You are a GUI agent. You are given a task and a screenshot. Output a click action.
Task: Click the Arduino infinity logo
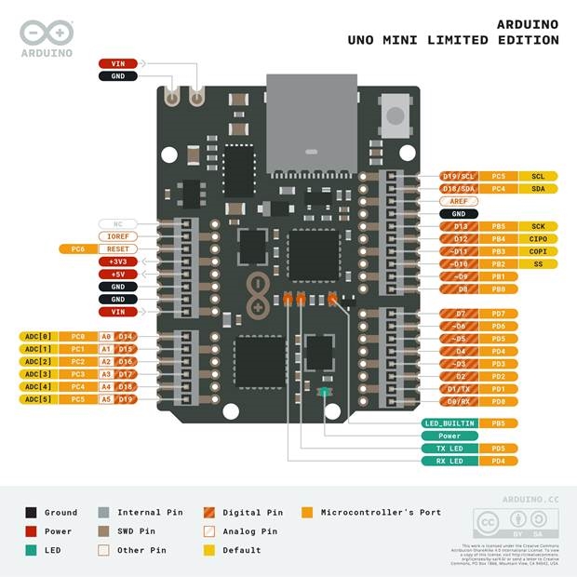[x=47, y=33]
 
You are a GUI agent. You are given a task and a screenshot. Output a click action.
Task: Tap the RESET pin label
[x=118, y=249]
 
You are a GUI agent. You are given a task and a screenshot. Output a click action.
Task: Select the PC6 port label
[x=78, y=249]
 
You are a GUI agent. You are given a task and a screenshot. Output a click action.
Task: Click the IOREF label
[x=118, y=236]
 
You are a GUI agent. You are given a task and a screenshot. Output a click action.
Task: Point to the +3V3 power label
[x=118, y=262]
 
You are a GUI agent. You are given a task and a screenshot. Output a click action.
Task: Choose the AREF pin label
[x=458, y=201]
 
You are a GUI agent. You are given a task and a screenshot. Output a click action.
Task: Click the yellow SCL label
[x=538, y=176]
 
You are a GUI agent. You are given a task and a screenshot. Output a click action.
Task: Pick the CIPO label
[x=538, y=239]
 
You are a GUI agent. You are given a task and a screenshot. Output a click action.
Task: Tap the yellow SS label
[x=538, y=264]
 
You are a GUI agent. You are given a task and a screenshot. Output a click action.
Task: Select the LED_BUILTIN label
[x=450, y=423]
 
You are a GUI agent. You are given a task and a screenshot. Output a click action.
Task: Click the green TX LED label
[x=450, y=449]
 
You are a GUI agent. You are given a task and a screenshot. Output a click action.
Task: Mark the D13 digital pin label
[x=458, y=226]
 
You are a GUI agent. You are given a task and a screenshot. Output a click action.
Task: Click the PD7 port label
[x=499, y=314]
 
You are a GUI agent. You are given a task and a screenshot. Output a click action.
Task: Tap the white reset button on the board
[x=396, y=115]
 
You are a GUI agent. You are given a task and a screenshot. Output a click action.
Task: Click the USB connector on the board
[x=312, y=121]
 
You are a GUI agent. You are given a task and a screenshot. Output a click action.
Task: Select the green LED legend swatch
[x=32, y=550]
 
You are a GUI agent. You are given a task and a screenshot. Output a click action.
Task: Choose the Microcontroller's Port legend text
[x=381, y=512]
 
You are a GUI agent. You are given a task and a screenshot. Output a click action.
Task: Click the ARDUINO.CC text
[x=530, y=500]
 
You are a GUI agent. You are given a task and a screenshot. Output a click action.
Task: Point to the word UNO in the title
[x=364, y=40]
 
